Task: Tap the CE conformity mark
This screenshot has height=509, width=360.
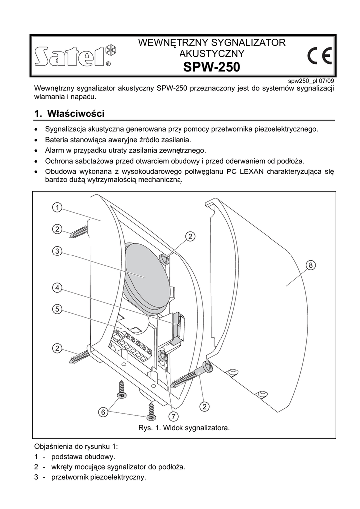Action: tap(320, 56)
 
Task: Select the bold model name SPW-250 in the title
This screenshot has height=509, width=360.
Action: tap(211, 67)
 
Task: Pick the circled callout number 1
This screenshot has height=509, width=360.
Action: tap(58, 207)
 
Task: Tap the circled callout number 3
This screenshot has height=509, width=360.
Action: tap(58, 251)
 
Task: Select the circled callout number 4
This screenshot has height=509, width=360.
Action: tap(58, 287)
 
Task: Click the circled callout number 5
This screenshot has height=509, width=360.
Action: tap(58, 309)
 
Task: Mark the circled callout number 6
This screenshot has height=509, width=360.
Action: tap(103, 412)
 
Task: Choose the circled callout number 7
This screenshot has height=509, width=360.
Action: tap(173, 416)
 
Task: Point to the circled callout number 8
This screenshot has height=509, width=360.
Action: tap(311, 266)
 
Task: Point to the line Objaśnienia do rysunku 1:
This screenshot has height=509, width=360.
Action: tap(76, 446)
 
